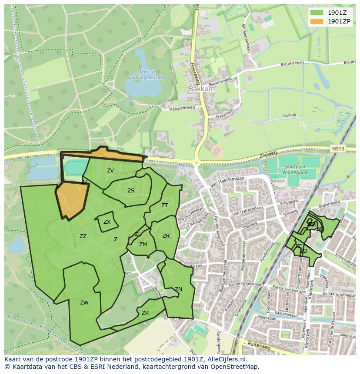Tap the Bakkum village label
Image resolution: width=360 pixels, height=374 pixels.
(x=202, y=89)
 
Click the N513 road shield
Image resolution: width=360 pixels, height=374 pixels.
(x=337, y=149)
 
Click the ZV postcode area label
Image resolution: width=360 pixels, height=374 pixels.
(x=110, y=171)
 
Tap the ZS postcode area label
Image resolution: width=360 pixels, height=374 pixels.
(x=131, y=190)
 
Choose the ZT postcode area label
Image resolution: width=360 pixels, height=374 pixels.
(x=164, y=205)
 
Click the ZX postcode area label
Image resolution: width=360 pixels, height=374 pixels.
(x=107, y=222)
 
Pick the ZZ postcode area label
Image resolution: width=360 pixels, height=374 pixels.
(x=83, y=236)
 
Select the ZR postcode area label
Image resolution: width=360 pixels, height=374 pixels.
(x=166, y=236)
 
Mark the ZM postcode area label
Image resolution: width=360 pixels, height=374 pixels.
(x=143, y=245)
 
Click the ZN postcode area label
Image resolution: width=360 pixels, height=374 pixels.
(x=178, y=289)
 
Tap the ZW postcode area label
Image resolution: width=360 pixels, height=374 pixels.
(x=84, y=303)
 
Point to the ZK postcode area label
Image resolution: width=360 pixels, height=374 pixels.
(x=145, y=313)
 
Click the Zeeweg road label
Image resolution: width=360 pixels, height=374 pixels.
(x=268, y=154)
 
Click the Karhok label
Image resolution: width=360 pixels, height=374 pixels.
(x=290, y=116)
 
